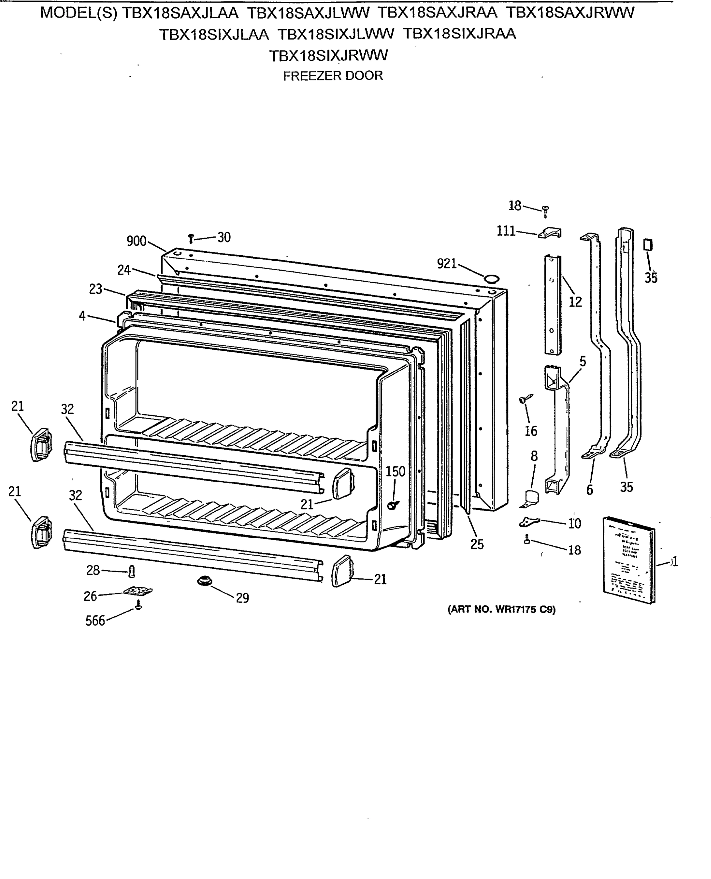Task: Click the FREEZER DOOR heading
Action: [332, 76]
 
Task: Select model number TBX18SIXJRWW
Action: [328, 55]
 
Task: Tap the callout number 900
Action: [137, 241]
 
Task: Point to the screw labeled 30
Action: [190, 238]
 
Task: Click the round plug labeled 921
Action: [491, 279]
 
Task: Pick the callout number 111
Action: [506, 231]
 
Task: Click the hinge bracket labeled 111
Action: [550, 233]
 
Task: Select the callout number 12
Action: [575, 302]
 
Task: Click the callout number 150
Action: [395, 471]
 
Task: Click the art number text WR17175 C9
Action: [501, 609]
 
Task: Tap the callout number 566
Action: [95, 621]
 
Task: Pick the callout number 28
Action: [93, 570]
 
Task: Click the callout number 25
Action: [477, 544]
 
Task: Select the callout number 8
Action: [534, 456]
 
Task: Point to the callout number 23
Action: [96, 289]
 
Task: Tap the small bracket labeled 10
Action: [529, 522]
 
